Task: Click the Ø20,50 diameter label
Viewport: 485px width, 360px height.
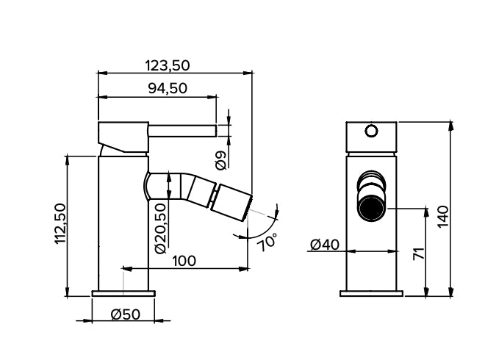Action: [x=161, y=228]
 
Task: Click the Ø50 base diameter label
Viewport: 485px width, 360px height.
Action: [x=125, y=314]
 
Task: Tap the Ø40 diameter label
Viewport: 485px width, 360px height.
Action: [x=324, y=245]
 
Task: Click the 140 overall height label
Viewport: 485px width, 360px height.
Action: [x=442, y=217]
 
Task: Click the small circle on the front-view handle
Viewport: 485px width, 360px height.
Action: [x=371, y=132]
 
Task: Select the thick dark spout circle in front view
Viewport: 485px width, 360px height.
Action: [x=371, y=209]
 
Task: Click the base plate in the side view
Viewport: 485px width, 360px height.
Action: [x=123, y=293]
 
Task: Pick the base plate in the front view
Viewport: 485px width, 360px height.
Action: [x=371, y=293]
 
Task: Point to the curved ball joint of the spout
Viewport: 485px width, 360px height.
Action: [x=156, y=186]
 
